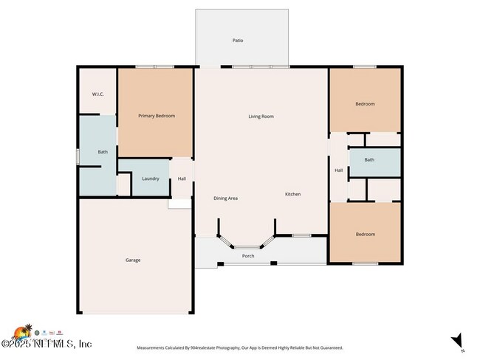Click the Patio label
click(x=238, y=41)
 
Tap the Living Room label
click(x=261, y=117)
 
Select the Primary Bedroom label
click(x=157, y=117)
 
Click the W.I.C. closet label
click(x=97, y=94)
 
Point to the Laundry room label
click(x=151, y=179)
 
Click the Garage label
click(x=133, y=260)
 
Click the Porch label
click(x=248, y=256)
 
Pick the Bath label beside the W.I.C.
click(x=103, y=153)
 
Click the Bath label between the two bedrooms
click(x=369, y=160)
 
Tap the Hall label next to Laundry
click(x=182, y=179)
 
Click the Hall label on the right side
click(x=339, y=170)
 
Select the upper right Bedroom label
click(x=365, y=104)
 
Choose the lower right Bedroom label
click(x=365, y=235)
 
